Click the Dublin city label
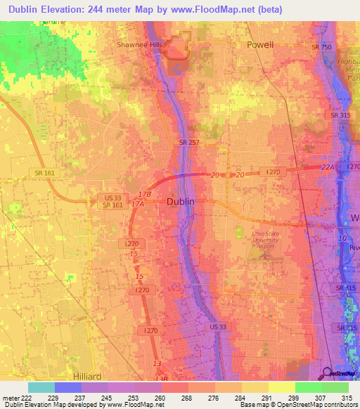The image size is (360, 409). pos(181,202)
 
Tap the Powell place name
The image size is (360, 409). pos(259,44)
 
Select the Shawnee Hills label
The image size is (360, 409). pos(139,44)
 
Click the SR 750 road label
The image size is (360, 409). pos(321,46)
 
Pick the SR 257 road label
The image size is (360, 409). pos(188,143)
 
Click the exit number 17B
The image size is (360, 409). pos(145,193)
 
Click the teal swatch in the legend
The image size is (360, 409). pos(41,387)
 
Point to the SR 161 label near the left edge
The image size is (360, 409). pos(39,173)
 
